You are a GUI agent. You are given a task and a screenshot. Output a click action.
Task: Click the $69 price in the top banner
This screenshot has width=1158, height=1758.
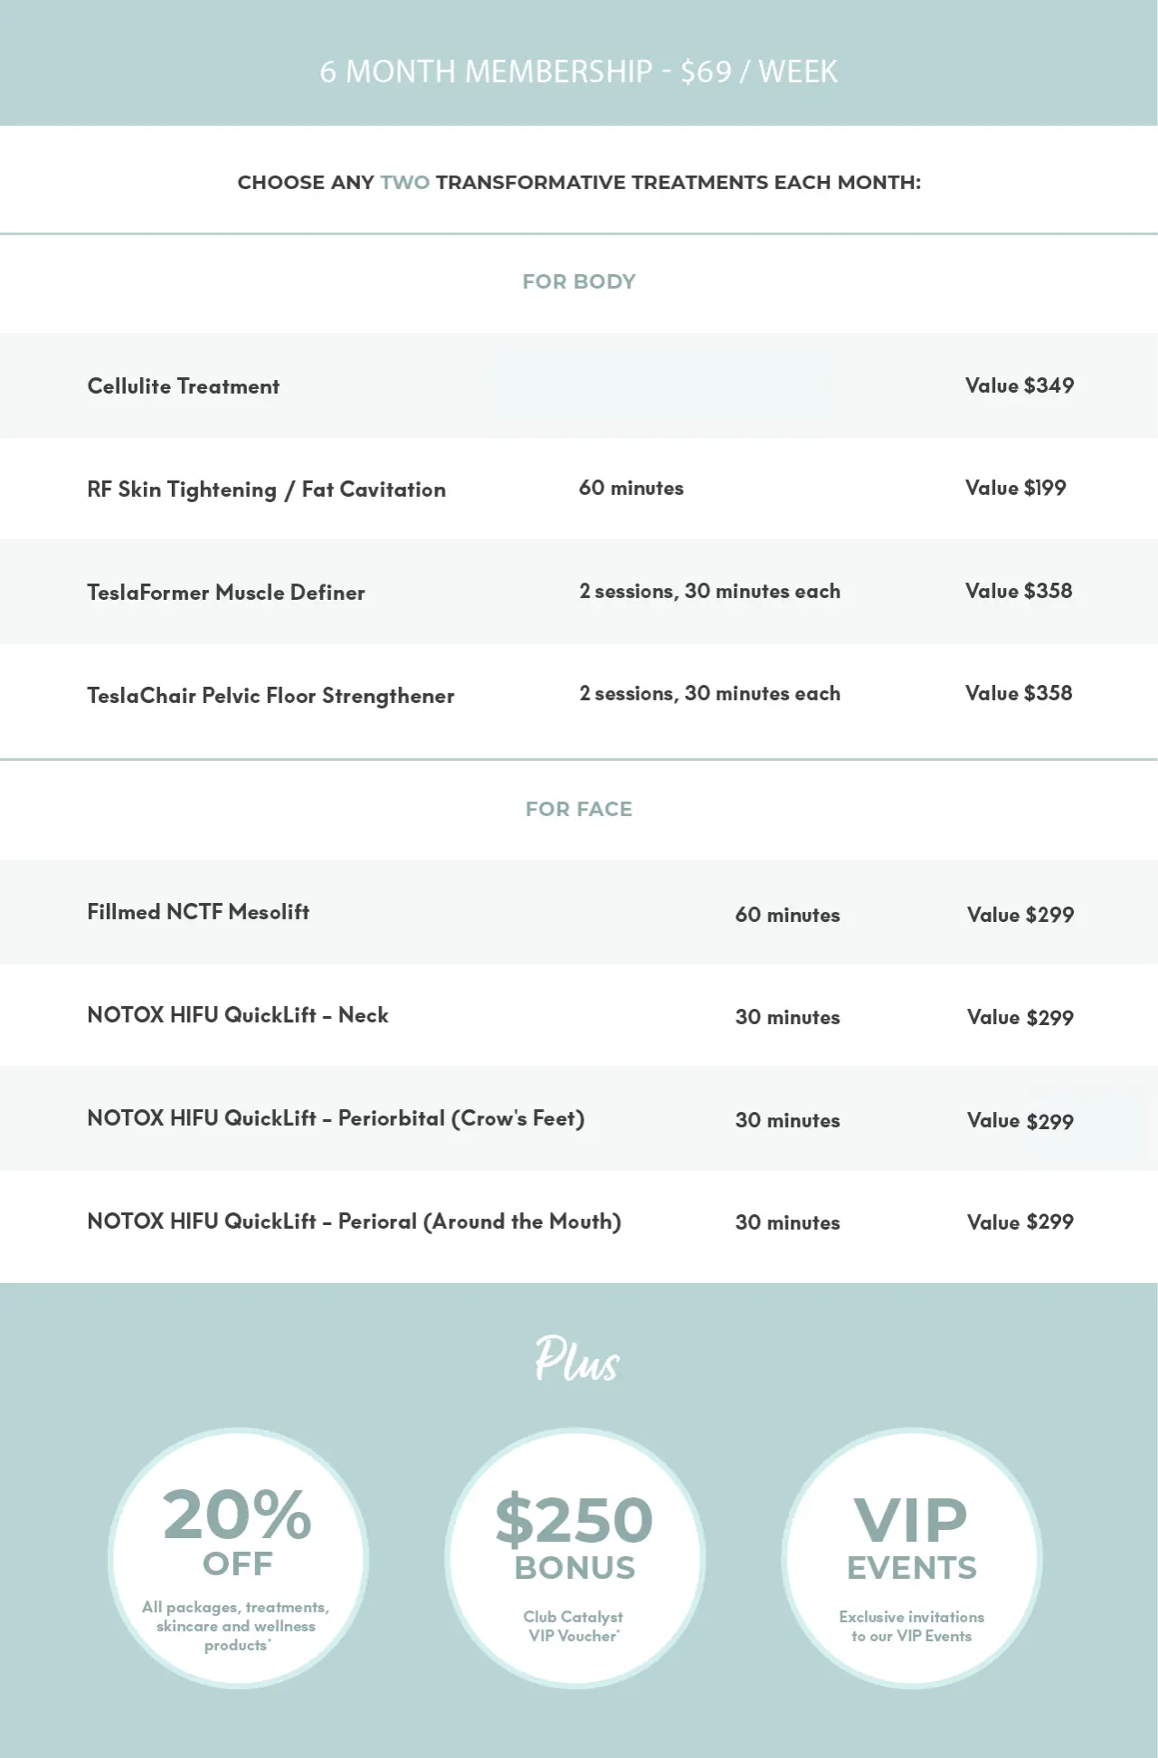[x=706, y=71]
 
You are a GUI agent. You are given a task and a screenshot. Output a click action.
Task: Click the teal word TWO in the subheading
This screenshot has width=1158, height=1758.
[x=404, y=183]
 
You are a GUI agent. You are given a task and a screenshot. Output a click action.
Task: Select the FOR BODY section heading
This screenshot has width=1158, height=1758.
[x=579, y=281]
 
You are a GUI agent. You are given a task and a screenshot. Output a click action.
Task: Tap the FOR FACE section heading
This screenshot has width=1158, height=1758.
[x=579, y=809]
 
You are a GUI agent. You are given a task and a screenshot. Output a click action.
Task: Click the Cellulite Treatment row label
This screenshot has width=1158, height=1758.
[x=183, y=386]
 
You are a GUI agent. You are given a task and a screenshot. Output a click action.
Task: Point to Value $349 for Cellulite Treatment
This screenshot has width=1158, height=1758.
[x=1020, y=385]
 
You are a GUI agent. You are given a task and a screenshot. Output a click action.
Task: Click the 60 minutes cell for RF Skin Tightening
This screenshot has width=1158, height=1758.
[x=631, y=489]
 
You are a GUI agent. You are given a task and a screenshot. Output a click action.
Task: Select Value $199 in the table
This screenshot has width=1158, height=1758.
[x=1015, y=489]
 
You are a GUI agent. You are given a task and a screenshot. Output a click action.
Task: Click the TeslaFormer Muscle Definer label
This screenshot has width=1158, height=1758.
[x=226, y=593]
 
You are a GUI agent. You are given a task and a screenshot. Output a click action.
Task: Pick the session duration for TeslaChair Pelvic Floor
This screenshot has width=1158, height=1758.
[x=709, y=694]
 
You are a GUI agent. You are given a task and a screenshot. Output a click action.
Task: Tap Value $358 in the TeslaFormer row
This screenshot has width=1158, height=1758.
[x=1019, y=591]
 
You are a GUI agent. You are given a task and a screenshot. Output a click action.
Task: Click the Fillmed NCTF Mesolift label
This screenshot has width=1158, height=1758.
[x=198, y=912]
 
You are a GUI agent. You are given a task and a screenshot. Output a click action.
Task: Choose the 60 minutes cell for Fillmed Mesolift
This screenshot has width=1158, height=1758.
[x=787, y=915]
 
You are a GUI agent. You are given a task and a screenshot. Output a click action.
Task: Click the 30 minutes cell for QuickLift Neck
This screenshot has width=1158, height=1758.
[x=787, y=1017]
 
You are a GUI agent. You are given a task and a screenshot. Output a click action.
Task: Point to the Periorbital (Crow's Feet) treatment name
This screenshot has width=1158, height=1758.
[x=461, y=1118]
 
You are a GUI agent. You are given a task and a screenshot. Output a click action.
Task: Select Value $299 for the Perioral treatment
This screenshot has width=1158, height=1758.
[x=1020, y=1222]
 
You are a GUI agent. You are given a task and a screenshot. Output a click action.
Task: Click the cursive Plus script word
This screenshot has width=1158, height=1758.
[x=576, y=1359]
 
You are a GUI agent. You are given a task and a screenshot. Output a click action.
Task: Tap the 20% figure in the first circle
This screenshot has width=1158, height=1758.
[x=237, y=1516]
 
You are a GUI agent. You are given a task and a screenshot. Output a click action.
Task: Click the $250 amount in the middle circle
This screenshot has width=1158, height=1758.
[x=574, y=1520]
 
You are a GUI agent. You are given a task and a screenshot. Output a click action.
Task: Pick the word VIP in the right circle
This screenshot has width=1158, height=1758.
[x=911, y=1520]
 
